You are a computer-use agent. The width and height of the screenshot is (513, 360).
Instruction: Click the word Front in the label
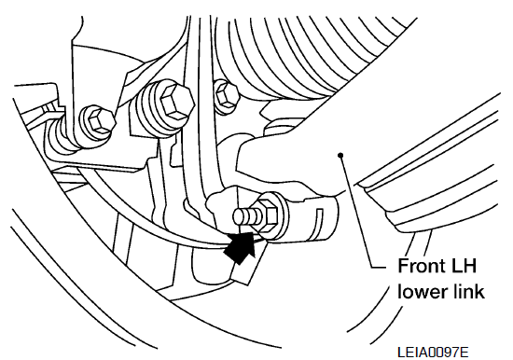[424, 266]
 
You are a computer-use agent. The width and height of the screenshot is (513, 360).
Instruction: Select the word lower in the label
[422, 291]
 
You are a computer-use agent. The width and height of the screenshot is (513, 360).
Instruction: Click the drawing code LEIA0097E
[433, 353]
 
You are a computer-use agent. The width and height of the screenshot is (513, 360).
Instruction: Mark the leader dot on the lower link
[340, 155]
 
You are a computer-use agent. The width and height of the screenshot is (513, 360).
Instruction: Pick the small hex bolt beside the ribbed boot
[227, 95]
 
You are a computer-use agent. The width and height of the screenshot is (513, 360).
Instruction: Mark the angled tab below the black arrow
[248, 262]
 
